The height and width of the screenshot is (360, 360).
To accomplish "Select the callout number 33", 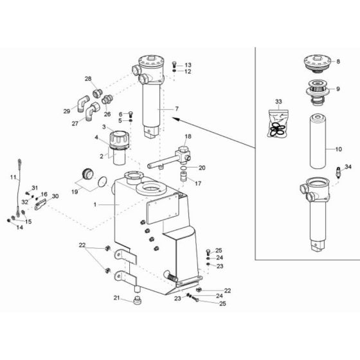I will pos(278,102).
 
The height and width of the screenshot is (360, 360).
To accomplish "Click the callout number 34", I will pos(348,166).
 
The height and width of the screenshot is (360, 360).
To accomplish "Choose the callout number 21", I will pos(116,297).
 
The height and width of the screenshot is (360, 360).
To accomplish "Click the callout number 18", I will pos(188,137).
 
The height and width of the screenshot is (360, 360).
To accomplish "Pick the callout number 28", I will pos(88,79).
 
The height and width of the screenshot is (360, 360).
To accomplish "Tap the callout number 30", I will pos(55,196).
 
